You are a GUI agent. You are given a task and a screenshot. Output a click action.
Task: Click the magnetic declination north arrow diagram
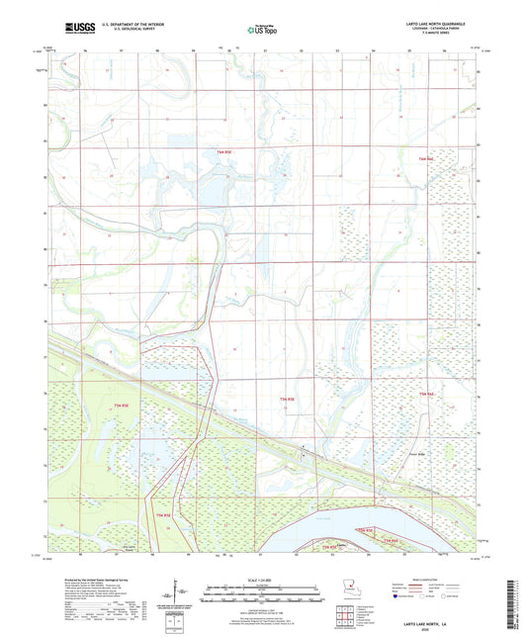tap(180, 594)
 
